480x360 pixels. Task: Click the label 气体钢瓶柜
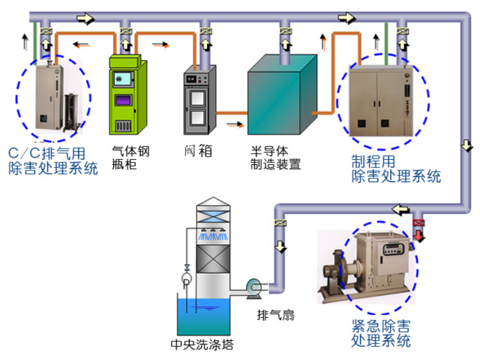click(x=130, y=158)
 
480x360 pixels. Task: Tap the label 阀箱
click(x=198, y=151)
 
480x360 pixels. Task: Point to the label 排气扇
click(x=275, y=315)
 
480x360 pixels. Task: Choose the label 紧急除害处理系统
click(x=381, y=333)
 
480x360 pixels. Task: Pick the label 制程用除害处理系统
click(x=396, y=169)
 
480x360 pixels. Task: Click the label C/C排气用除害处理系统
click(x=53, y=160)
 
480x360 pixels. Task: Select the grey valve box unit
click(x=198, y=102)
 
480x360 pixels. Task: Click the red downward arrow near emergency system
click(x=420, y=236)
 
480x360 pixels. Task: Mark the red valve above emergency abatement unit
click(x=419, y=221)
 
